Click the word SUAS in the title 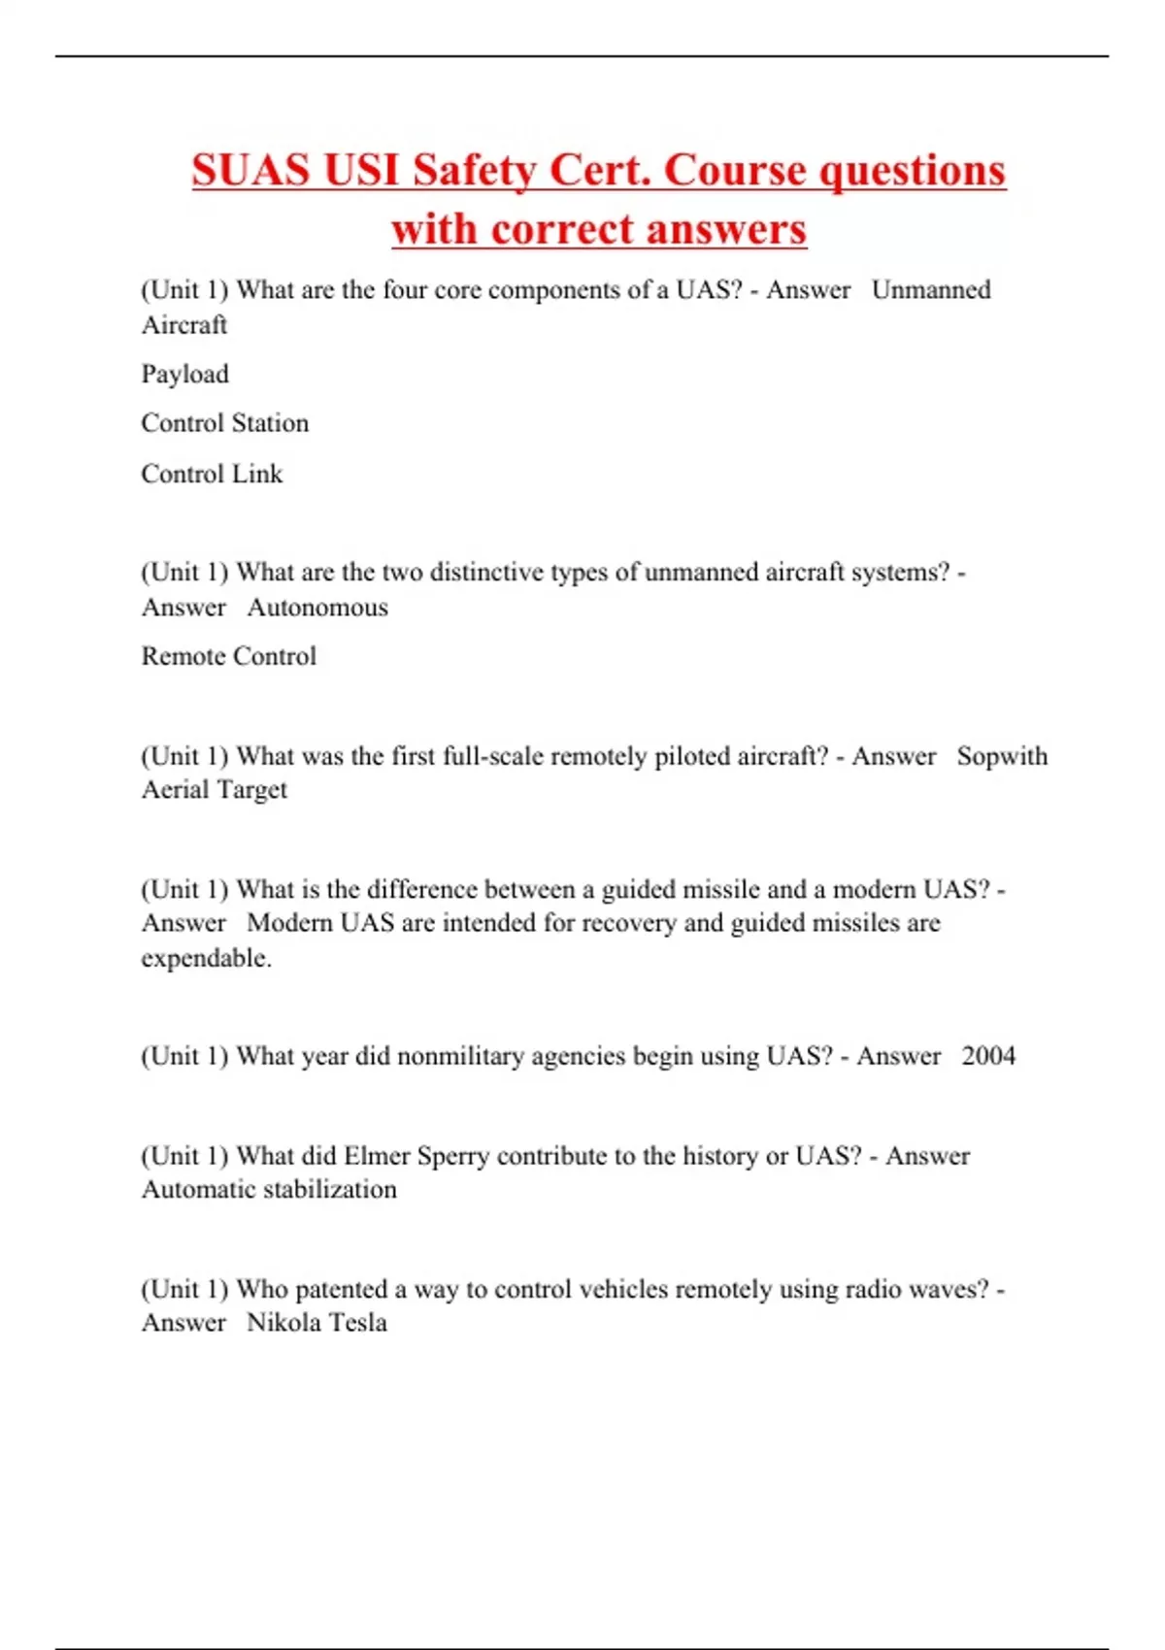pos(250,170)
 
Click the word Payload pos(185,375)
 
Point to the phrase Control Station pos(225,423)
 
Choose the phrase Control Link pos(212,474)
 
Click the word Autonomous pos(317,608)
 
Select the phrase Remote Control pos(229,656)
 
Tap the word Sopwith pos(1002,756)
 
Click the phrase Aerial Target pos(215,790)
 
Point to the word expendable pos(206,958)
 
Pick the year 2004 pos(988,1056)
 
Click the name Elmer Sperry pos(416,1156)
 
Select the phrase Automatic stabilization pos(269,1190)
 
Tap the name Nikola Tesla pos(316,1323)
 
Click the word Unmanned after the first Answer pos(931,290)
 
